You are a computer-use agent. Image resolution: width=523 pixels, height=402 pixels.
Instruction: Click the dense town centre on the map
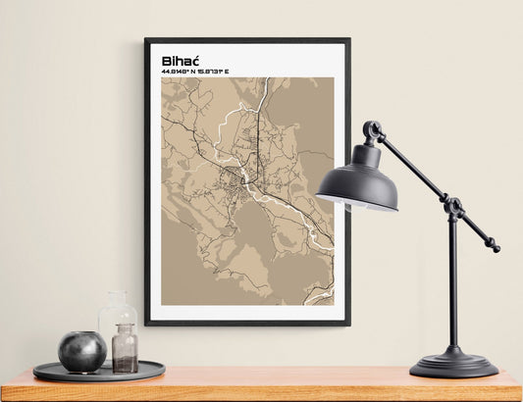[238, 176]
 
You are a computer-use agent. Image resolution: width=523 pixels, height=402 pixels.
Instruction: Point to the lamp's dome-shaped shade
[357, 180]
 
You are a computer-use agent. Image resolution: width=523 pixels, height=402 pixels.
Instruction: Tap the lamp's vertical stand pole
[452, 284]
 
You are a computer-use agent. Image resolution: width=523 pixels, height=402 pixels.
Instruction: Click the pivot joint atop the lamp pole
[452, 207]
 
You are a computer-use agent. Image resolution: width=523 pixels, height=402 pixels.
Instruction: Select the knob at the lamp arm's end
[495, 248]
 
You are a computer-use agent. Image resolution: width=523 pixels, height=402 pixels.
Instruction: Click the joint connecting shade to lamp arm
[373, 130]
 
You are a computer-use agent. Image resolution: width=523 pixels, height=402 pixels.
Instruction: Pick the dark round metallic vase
[81, 351]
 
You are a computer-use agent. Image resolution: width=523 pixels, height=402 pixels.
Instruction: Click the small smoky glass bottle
[125, 350]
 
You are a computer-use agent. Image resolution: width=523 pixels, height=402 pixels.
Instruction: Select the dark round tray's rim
[98, 377]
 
